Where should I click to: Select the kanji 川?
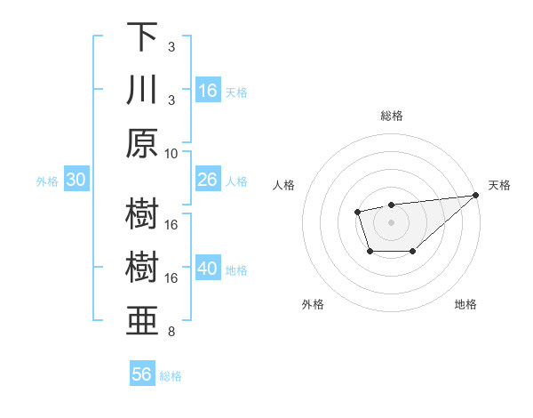coord(142,90)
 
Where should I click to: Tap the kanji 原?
coord(142,143)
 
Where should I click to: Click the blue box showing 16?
coord(208,91)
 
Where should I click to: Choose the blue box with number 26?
coord(208,180)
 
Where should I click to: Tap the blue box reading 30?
coord(76,180)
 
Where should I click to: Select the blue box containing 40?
coord(208,269)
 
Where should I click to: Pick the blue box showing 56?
coord(142,374)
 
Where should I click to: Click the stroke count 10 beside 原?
coord(171,153)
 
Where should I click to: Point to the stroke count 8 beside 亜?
coord(171,333)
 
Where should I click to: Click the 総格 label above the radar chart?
coord(391,116)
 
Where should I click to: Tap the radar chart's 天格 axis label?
coord(499,185)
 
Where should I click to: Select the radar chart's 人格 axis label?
coord(284,185)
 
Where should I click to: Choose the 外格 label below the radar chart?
coord(313,304)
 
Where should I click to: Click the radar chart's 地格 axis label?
coord(465,304)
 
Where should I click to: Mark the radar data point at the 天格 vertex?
coord(477,195)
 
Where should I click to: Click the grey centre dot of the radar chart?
coord(391,221)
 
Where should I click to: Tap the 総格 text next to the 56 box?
coord(171,375)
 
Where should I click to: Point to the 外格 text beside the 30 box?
coord(47,181)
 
